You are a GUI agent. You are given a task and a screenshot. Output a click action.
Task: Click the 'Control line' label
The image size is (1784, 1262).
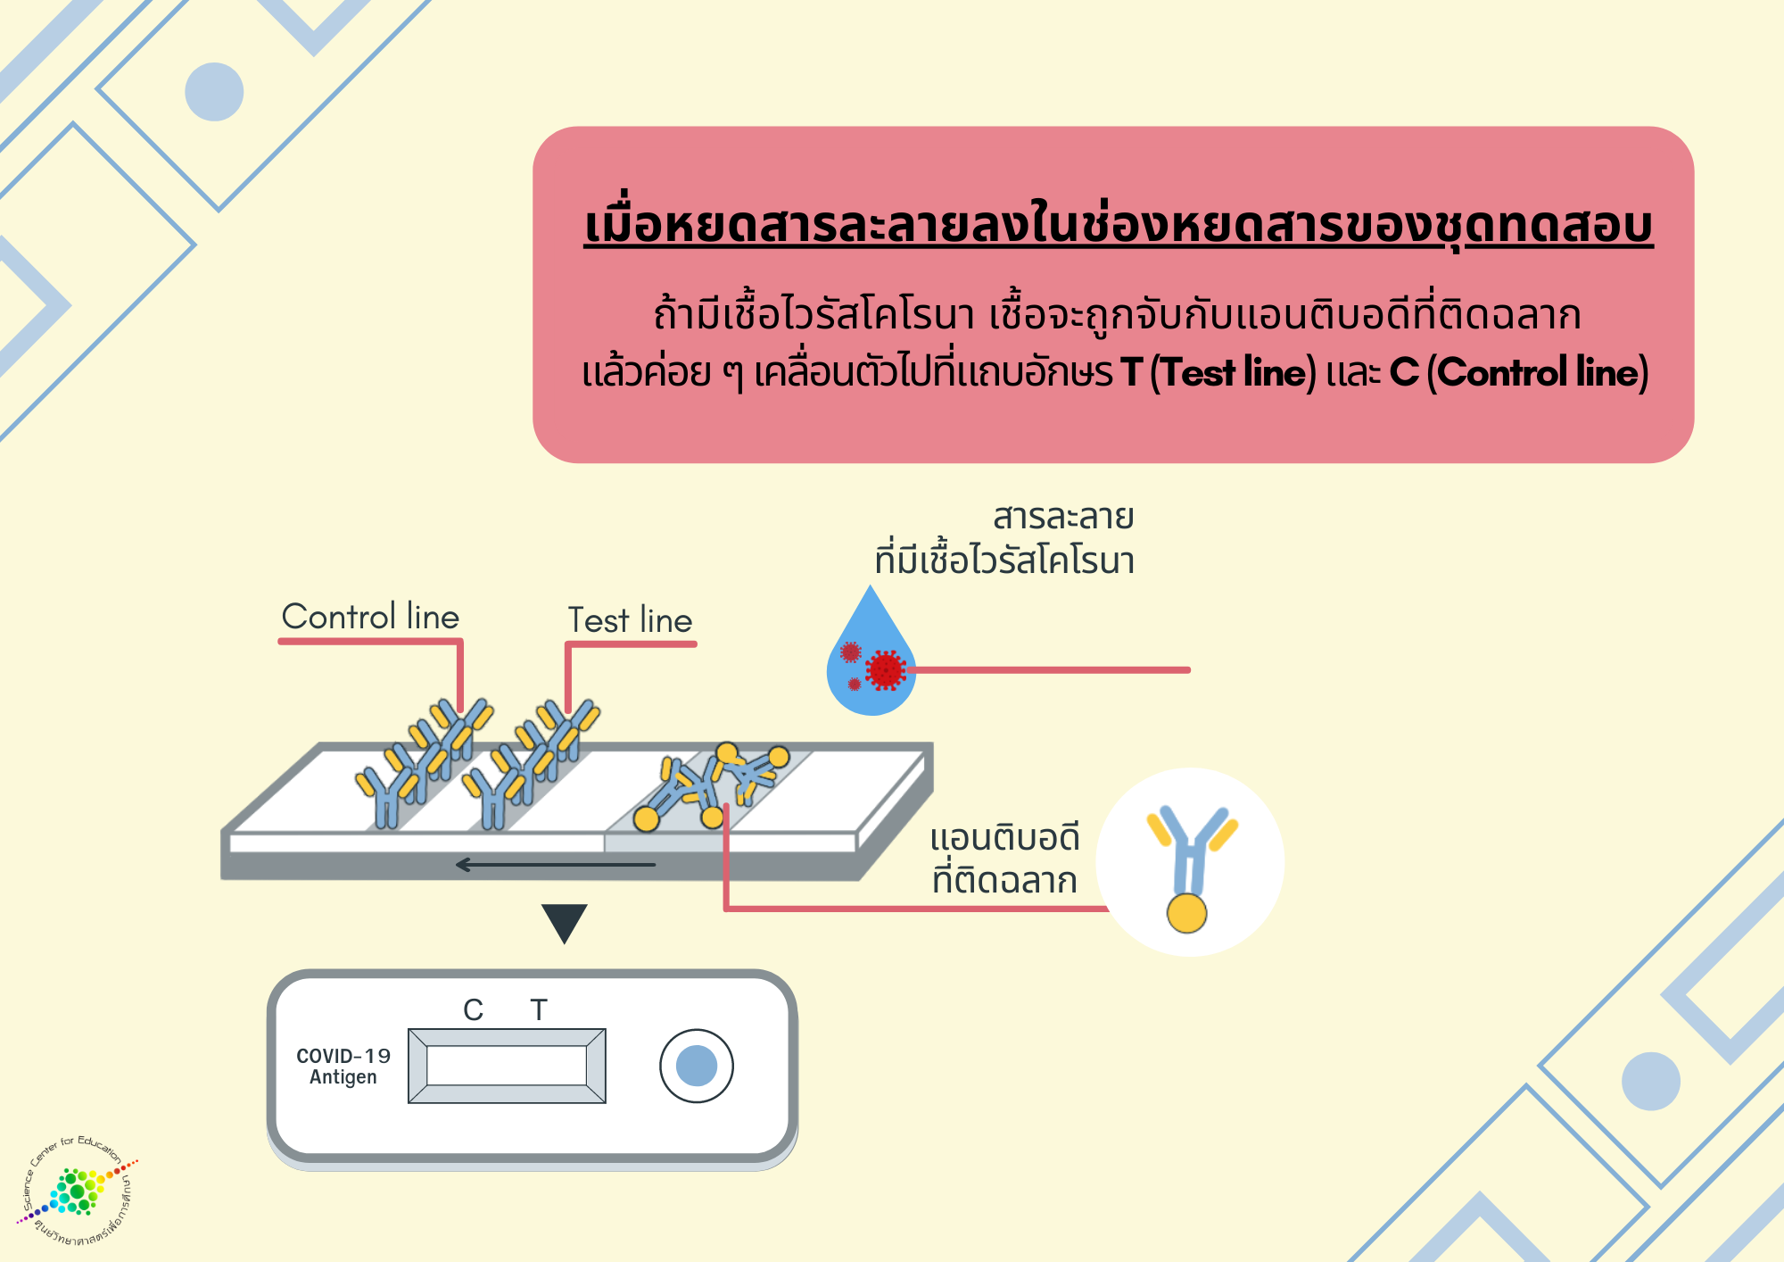370,617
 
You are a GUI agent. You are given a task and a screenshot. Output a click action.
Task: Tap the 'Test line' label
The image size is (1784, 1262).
630,620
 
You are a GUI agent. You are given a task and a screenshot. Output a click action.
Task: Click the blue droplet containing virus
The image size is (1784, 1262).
871,660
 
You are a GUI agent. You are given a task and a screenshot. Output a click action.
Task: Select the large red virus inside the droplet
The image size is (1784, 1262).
886,669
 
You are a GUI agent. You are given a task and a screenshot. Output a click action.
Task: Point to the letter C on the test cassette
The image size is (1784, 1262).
473,1009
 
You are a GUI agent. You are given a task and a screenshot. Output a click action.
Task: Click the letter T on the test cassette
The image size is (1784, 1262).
538,1009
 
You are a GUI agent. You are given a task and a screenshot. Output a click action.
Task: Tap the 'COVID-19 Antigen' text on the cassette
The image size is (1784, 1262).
343,1067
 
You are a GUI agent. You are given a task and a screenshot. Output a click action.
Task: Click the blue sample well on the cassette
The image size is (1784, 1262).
697,1066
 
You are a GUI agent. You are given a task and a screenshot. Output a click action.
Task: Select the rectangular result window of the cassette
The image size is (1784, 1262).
507,1066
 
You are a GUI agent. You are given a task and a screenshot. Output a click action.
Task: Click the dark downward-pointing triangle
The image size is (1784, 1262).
565,921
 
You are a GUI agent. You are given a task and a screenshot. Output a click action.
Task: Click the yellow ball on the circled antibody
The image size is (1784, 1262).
1186,912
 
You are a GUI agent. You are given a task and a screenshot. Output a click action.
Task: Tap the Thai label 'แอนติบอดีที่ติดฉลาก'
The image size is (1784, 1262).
1004,859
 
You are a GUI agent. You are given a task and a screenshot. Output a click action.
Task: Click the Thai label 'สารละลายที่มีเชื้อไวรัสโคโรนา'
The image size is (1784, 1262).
1005,539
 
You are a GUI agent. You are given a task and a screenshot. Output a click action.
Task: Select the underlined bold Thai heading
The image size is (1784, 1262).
1119,225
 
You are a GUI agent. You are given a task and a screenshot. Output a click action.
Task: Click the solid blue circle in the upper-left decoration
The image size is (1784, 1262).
214,92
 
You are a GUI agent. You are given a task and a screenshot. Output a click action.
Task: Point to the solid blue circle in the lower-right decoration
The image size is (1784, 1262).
1650,1081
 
